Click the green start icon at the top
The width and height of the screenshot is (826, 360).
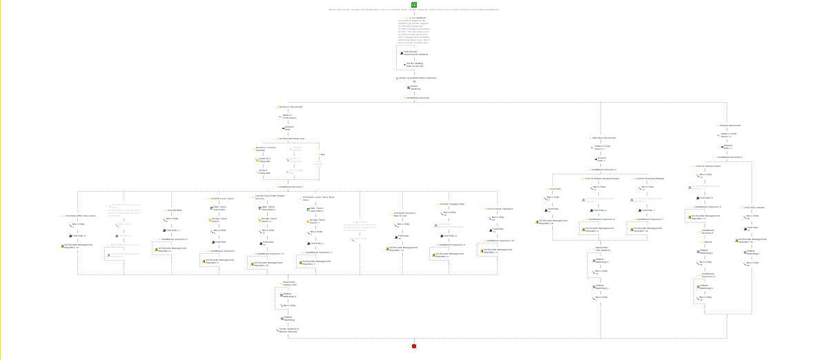tap(414, 5)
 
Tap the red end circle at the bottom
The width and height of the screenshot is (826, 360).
tap(414, 346)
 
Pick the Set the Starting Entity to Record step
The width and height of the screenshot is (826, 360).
tap(413, 65)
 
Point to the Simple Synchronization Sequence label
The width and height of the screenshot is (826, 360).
tap(417, 78)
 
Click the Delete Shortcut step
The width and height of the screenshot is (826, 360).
tap(415, 88)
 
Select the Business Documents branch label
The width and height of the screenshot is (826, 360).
tap(291, 107)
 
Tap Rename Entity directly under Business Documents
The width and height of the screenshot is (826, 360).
tap(288, 128)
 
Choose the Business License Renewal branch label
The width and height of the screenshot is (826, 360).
tap(265, 148)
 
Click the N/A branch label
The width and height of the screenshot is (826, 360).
tap(322, 154)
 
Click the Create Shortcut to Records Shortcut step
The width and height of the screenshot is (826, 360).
tap(288, 330)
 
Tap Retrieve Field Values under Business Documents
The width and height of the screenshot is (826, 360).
tap(289, 117)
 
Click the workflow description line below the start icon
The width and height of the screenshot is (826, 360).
tap(413, 10)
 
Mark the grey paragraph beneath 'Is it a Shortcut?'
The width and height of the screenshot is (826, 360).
tap(413, 32)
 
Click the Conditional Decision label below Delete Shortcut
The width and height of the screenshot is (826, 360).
tap(417, 98)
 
